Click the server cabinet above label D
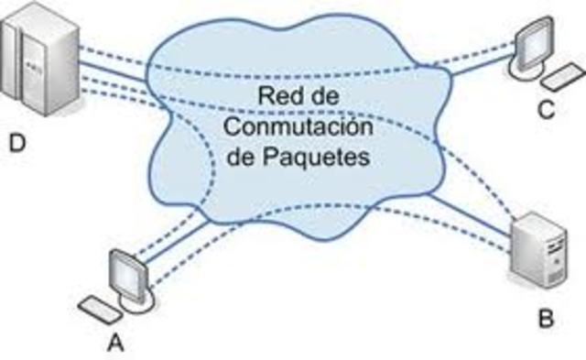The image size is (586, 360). click(x=34, y=60)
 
